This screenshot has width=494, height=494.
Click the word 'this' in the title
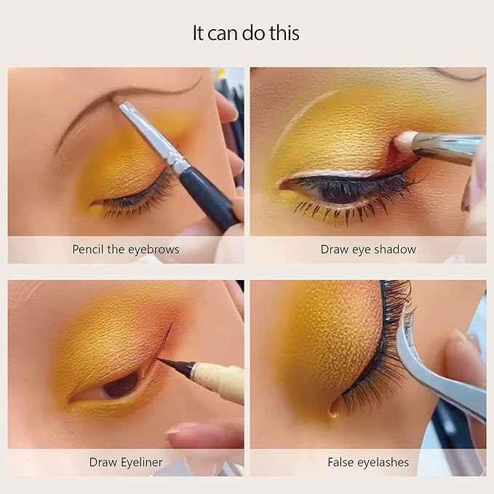284,33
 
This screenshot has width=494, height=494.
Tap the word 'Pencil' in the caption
88,250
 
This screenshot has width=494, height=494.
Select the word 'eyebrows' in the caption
155,250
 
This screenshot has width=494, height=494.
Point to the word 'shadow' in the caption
397,250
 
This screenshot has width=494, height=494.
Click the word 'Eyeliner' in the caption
141,462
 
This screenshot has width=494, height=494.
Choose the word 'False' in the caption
343,462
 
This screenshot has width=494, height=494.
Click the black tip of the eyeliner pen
170,364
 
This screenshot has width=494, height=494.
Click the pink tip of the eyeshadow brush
404,140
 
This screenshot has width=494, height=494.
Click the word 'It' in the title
199,33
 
